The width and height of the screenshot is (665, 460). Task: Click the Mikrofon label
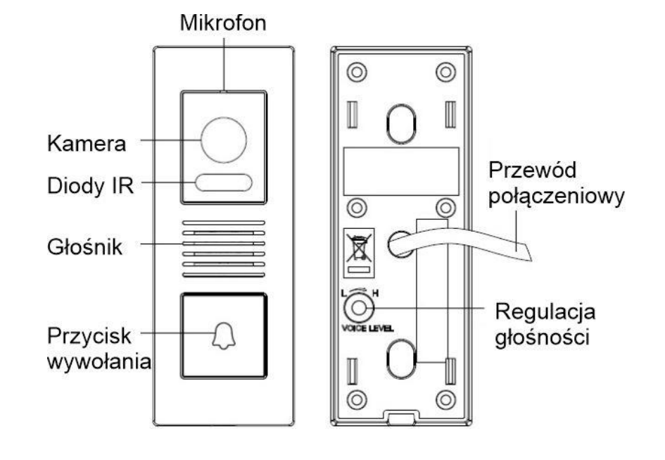tap(223, 23)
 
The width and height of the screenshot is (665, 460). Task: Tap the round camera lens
tap(224, 140)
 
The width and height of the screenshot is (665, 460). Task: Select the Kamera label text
tap(87, 144)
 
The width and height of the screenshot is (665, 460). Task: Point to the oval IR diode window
tap(224, 182)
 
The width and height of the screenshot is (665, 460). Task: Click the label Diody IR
tap(90, 185)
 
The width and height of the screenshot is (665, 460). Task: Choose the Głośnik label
tap(85, 247)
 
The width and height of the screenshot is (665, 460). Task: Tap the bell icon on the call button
tap(224, 335)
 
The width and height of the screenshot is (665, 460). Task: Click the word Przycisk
tap(89, 336)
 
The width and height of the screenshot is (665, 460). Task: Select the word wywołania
tap(99, 362)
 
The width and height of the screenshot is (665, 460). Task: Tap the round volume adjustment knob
tap(359, 308)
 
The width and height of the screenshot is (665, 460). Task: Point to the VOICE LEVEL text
tap(367, 328)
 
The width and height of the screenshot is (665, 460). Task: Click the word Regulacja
tap(545, 312)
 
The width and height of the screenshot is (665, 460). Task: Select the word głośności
tap(543, 337)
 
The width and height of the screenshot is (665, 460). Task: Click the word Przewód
tap(532, 170)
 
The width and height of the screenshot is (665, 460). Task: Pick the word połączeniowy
tap(557, 197)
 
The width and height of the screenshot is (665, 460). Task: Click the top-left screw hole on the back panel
tap(357, 72)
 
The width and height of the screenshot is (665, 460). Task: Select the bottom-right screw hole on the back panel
tap(445, 399)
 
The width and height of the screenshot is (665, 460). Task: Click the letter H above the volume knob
tap(375, 293)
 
